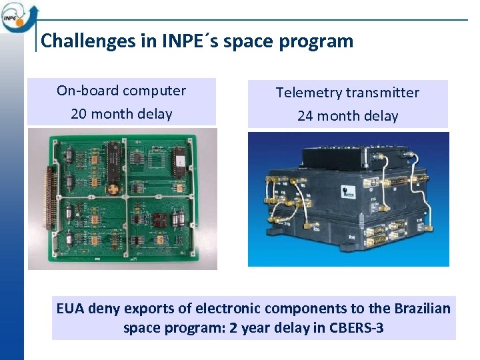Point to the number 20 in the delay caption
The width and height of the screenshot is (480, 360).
click(79, 114)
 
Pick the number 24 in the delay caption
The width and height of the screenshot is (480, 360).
click(305, 116)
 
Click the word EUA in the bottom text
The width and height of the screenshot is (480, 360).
click(71, 309)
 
